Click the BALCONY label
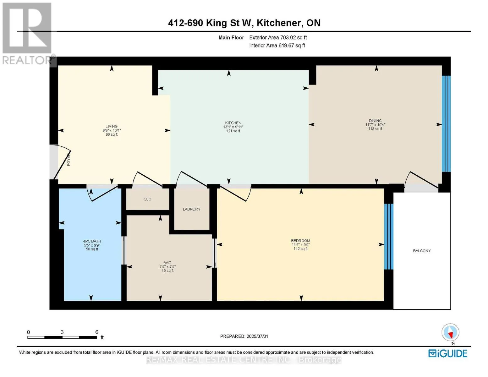422,251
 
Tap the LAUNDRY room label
191,209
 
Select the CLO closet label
147,199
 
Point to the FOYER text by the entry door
69,160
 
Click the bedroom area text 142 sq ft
300,249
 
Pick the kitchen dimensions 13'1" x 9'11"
233,127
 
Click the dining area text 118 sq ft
375,129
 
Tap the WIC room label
167,263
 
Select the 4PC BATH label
92,241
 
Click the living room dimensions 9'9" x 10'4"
112,130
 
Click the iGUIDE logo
448,353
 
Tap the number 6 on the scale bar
97,332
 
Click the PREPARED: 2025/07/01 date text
244,336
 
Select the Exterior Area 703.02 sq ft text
278,37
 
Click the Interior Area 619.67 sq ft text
277,46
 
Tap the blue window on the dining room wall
446,124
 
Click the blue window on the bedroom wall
389,237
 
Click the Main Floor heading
231,37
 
